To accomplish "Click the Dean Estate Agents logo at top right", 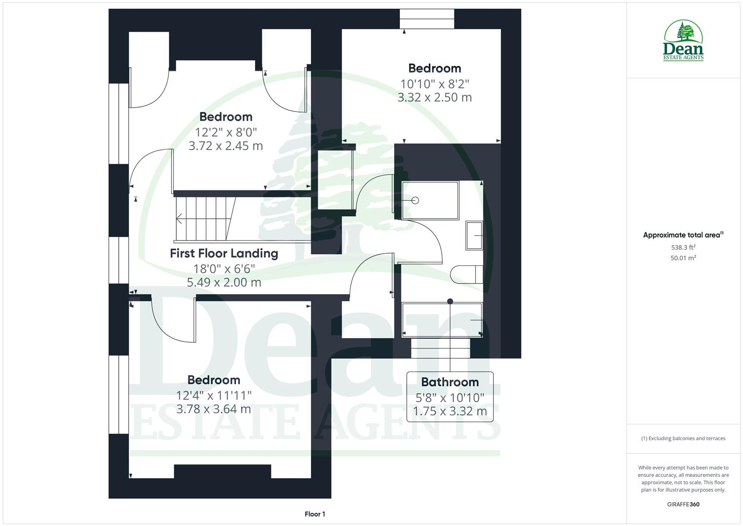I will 683,41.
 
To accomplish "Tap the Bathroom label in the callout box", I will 450,382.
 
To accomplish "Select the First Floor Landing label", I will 224,253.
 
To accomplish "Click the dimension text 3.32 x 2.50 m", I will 435,97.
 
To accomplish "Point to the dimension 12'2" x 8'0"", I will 226,132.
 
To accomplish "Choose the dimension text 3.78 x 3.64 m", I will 214,409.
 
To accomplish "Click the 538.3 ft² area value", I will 683,247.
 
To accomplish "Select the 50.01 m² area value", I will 683,258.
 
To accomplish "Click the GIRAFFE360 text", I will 683,505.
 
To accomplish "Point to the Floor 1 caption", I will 315,514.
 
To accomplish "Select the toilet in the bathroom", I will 466,274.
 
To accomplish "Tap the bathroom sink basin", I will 474,236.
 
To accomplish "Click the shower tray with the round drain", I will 430,200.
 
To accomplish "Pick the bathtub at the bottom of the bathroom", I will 442,320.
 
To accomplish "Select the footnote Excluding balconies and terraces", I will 683,438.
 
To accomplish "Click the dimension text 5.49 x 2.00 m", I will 224,282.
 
